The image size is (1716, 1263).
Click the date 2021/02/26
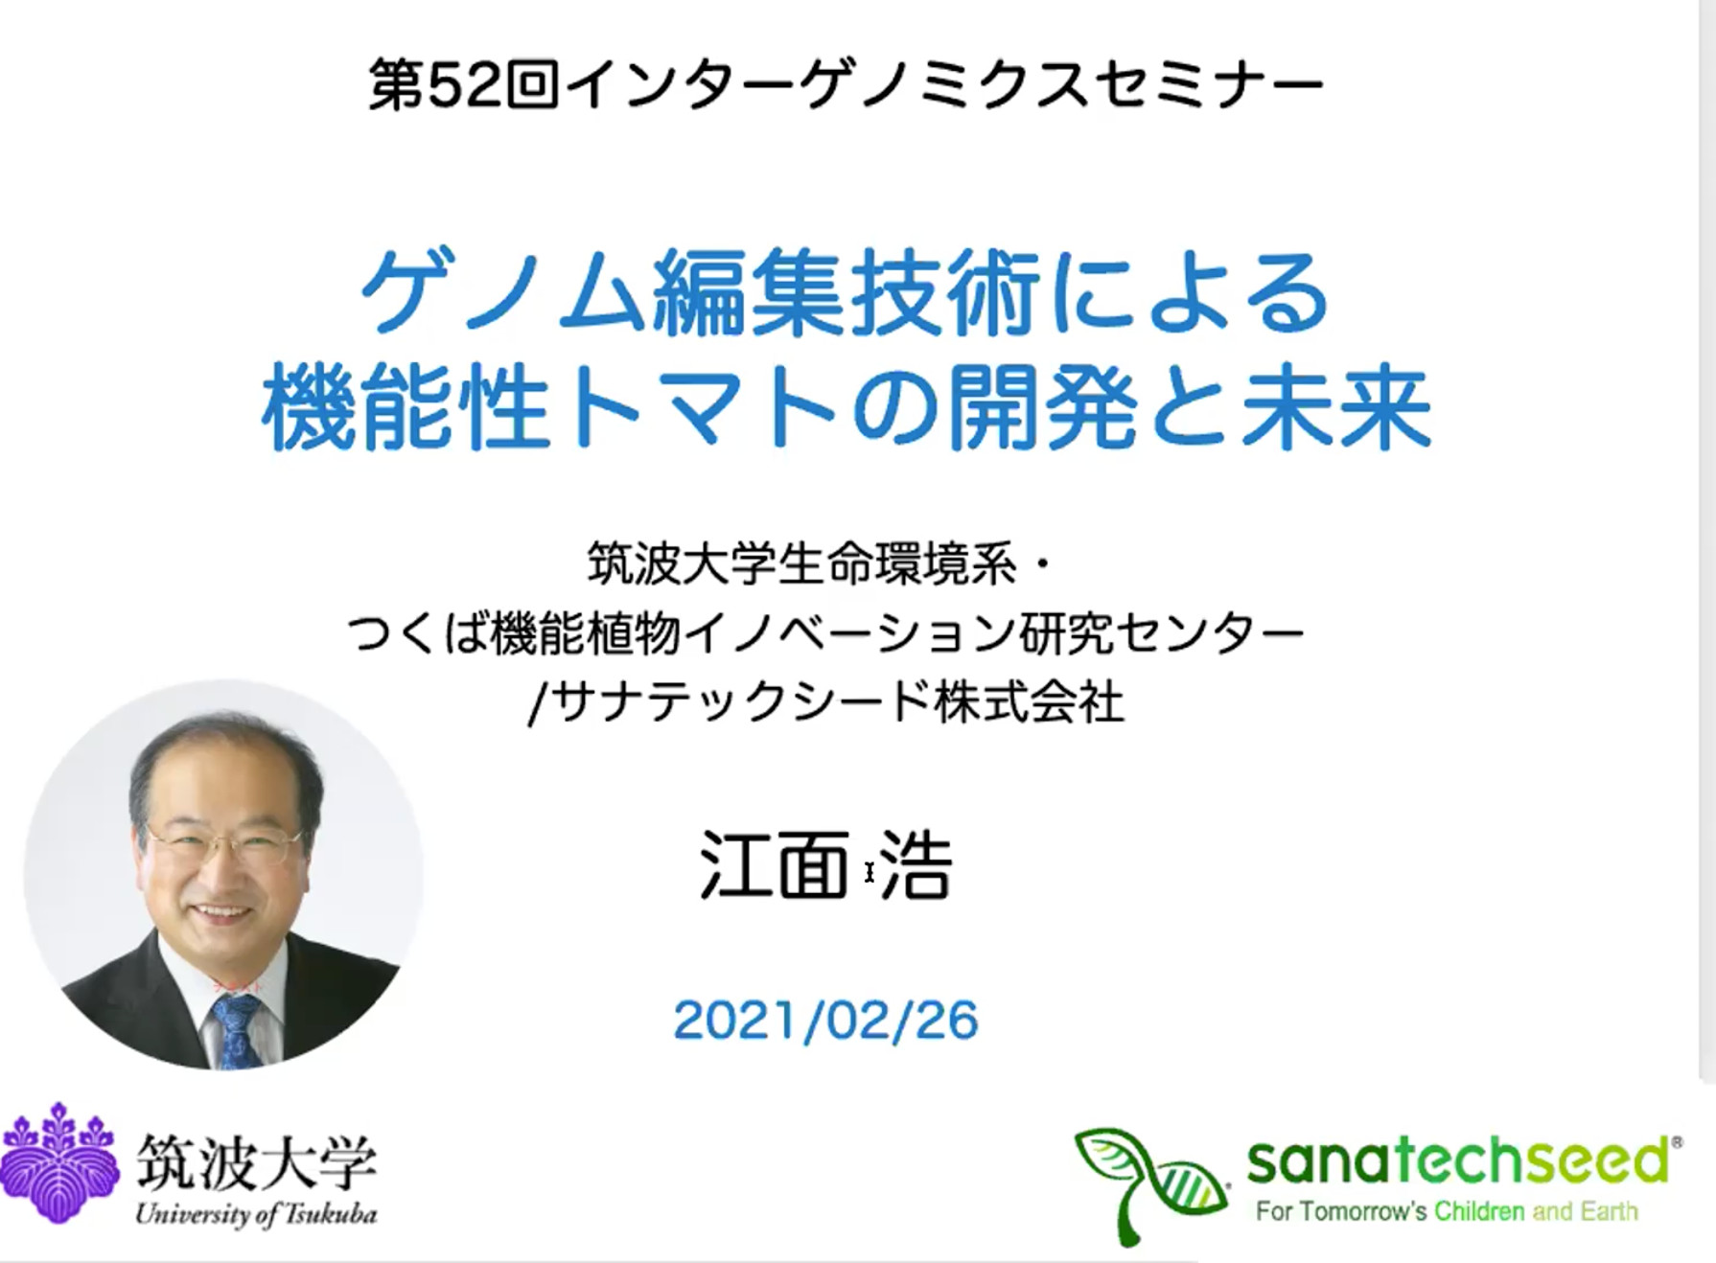pyautogui.click(x=825, y=1020)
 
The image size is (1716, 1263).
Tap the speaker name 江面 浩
pyautogui.click(x=825, y=866)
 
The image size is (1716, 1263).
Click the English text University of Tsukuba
pyautogui.click(x=256, y=1214)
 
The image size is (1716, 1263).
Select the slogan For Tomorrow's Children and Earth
pyautogui.click(x=1446, y=1211)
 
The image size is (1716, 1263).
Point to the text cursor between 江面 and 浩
pyautogui.click(x=869, y=872)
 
